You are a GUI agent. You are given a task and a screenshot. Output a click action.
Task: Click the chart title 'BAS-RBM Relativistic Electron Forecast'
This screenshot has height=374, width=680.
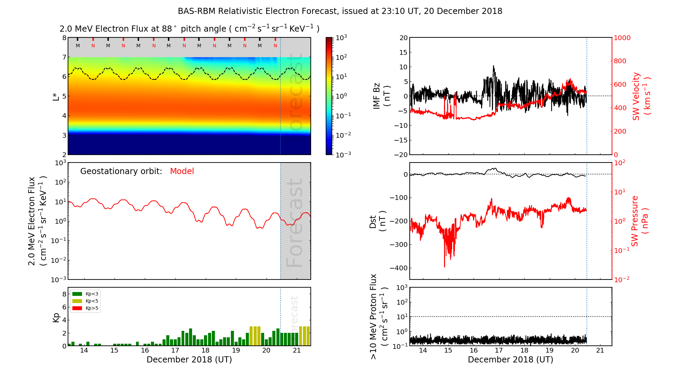(258, 11)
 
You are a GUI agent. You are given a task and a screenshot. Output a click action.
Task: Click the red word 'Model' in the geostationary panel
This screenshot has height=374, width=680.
(182, 171)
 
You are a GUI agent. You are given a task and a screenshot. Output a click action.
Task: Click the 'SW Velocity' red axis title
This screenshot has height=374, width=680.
(636, 96)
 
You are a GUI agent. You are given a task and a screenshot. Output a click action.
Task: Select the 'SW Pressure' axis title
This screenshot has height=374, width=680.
(635, 221)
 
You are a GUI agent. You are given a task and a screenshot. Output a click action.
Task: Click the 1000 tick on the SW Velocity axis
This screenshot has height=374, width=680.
(622, 38)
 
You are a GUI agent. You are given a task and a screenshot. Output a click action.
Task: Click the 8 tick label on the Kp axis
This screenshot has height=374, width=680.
(64, 294)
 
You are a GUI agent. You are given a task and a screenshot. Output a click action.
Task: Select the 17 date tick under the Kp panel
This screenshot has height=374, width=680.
(175, 351)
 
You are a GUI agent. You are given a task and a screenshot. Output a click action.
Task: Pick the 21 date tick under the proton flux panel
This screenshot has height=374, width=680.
(600, 351)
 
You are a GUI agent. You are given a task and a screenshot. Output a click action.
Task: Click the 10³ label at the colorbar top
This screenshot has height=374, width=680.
(341, 38)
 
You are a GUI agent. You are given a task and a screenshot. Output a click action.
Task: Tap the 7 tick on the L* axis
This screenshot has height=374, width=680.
(64, 57)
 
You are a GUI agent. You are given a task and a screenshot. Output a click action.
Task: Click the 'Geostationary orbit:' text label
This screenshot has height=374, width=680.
(121, 171)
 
